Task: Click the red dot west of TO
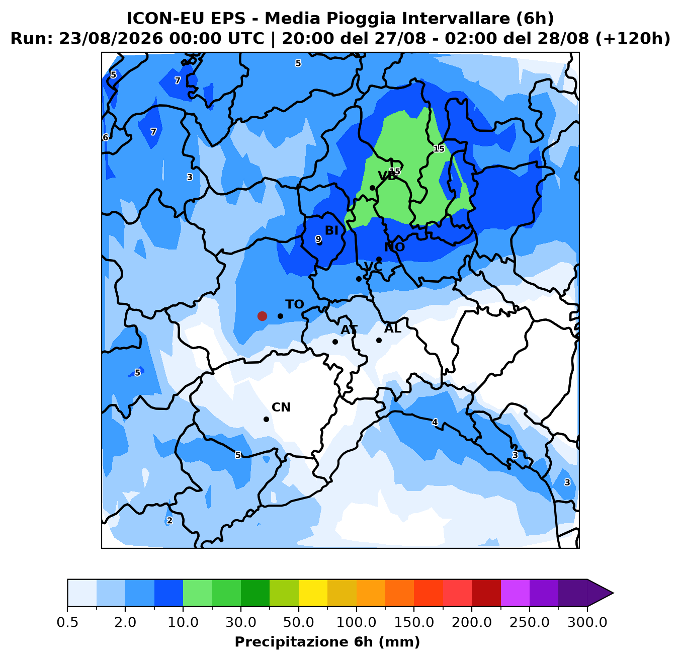tap(262, 316)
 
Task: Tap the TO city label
tap(295, 304)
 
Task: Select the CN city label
tap(281, 407)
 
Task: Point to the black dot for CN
tap(266, 419)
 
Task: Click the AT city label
tap(349, 329)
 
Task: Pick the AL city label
tap(393, 328)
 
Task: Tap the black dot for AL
tap(379, 340)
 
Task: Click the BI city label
tap(331, 230)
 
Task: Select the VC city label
tap(373, 267)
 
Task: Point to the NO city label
tap(395, 247)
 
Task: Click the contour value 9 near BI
tap(318, 239)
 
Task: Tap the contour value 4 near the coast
tap(435, 423)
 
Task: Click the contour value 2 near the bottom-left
tap(169, 520)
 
